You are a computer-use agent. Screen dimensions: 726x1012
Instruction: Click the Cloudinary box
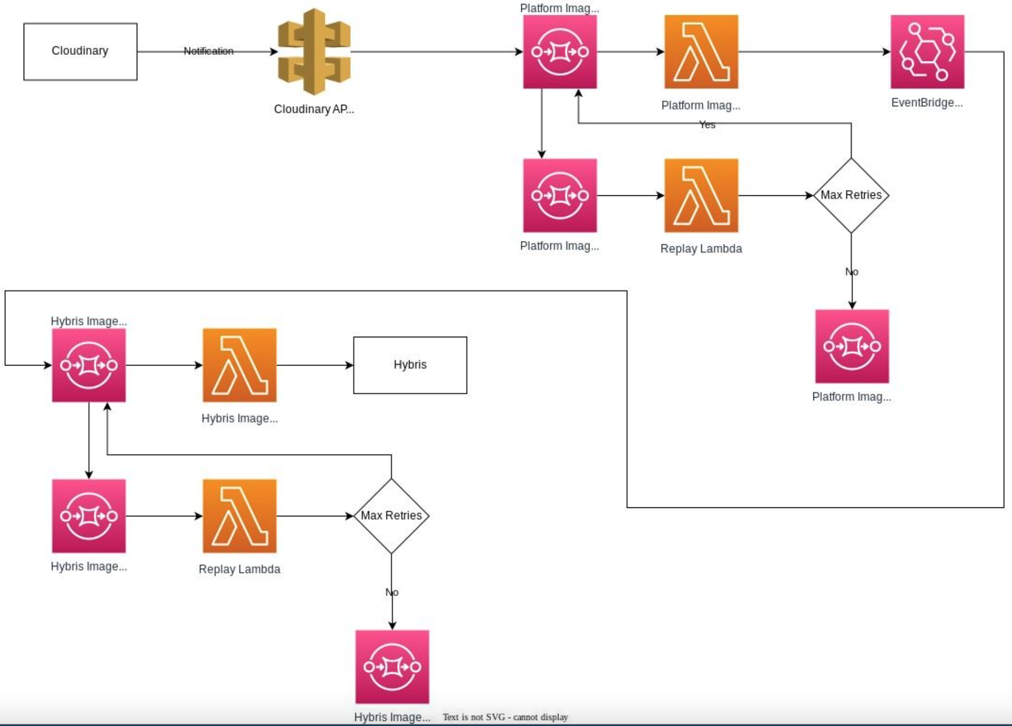(x=80, y=51)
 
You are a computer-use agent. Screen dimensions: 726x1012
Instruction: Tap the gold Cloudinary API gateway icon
(x=314, y=51)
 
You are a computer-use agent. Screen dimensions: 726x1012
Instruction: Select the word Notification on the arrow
(x=208, y=51)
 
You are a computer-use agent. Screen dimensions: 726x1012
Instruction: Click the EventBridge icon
(x=927, y=51)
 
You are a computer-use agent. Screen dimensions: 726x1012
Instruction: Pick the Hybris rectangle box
(x=410, y=365)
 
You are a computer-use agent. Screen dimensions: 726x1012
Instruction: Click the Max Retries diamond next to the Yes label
(x=851, y=195)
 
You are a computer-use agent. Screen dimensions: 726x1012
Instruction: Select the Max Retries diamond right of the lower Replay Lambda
(x=391, y=515)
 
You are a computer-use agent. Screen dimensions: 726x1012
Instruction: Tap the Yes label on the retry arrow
(x=707, y=125)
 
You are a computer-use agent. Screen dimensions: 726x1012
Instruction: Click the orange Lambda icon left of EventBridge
(x=701, y=51)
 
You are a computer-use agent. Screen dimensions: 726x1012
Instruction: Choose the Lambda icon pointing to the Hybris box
(x=239, y=365)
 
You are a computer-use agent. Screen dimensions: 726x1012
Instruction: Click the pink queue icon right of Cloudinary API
(x=559, y=51)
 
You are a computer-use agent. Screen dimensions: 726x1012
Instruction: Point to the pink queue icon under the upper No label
(x=851, y=346)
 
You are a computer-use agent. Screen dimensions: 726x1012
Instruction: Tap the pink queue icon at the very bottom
(x=392, y=666)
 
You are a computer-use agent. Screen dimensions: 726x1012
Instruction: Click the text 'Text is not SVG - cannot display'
(x=505, y=717)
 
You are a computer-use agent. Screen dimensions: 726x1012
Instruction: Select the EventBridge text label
(x=927, y=103)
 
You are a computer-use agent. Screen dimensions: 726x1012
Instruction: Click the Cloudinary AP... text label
(x=314, y=109)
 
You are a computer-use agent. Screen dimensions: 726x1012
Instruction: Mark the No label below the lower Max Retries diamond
(x=392, y=592)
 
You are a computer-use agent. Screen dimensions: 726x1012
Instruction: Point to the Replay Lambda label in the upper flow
(x=701, y=249)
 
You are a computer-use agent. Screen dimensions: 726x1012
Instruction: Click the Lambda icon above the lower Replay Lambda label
(x=239, y=515)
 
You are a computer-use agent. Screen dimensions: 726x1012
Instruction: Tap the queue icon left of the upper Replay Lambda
(x=559, y=195)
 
